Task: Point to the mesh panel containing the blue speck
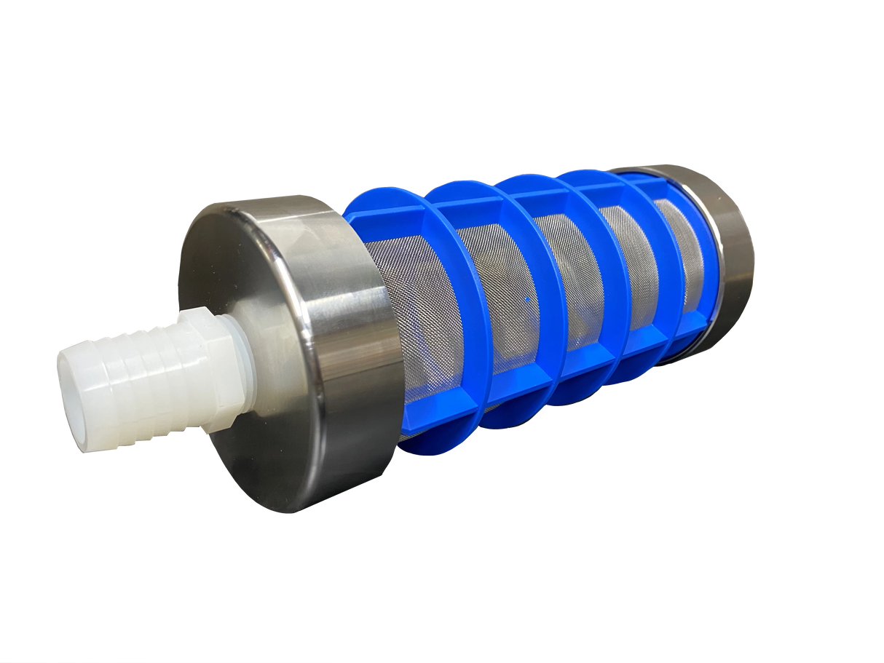[x=510, y=291]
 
